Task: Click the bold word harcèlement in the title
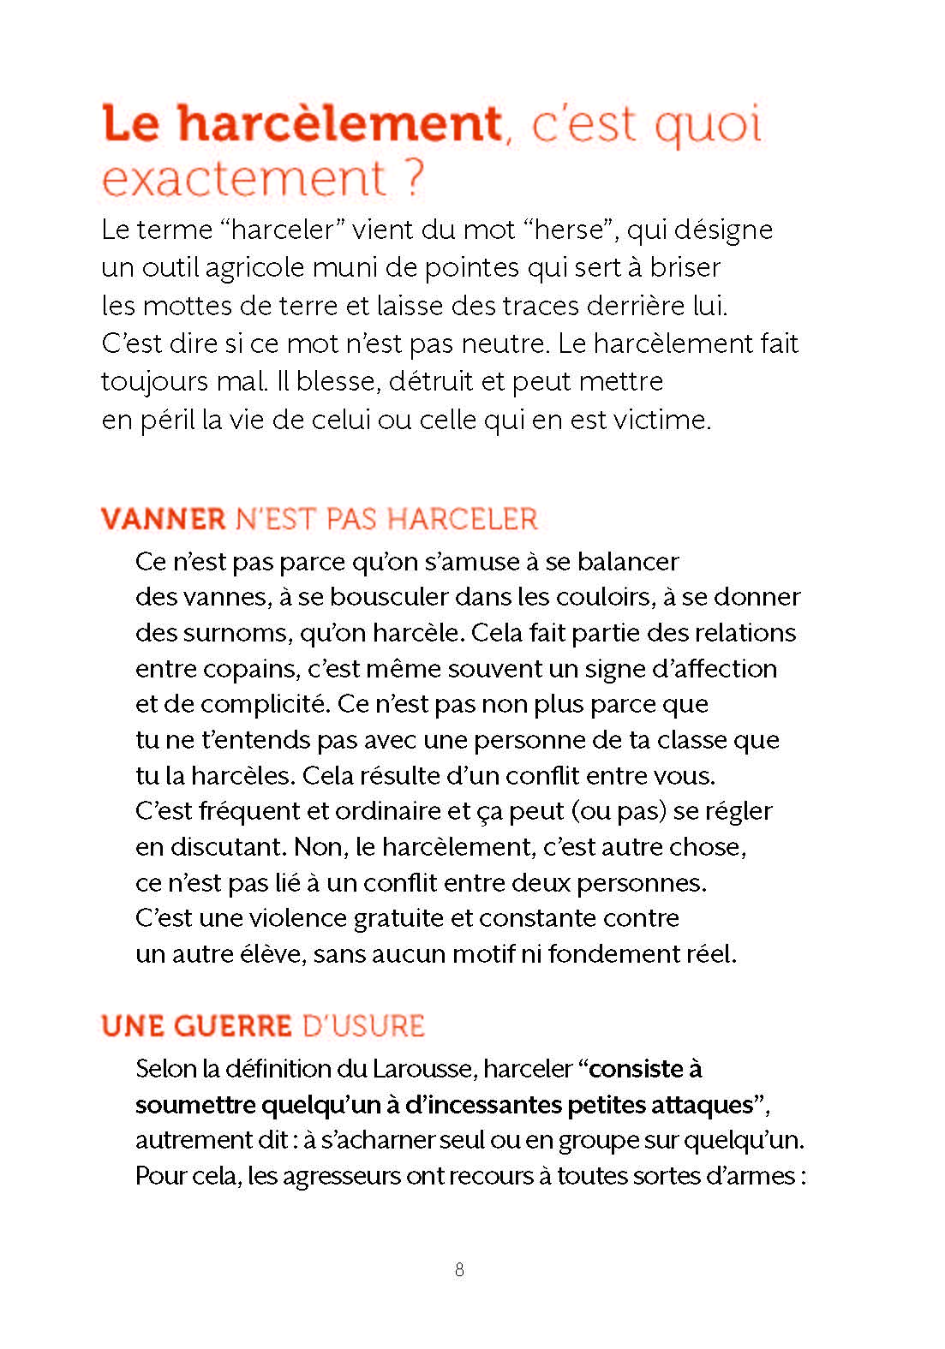339,124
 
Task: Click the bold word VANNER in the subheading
163,519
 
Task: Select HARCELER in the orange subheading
463,519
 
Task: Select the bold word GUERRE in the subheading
233,1026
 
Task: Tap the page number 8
459,1270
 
